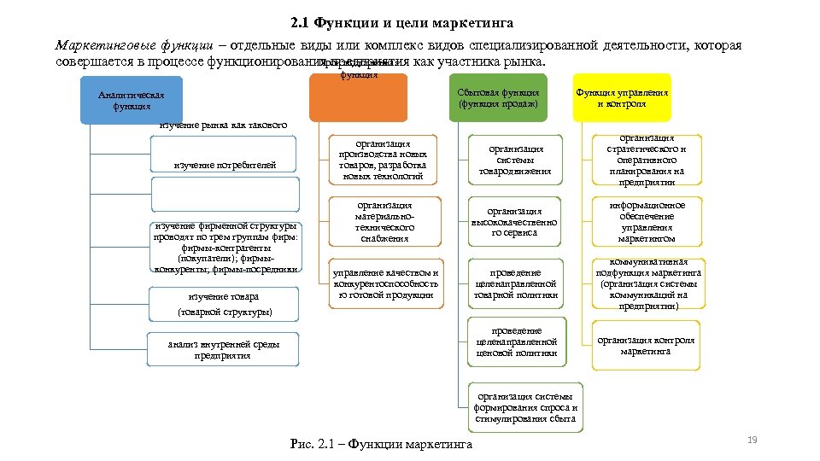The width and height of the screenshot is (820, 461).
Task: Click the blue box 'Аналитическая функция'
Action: click(x=132, y=102)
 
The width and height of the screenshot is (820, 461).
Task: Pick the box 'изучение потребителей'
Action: click(x=225, y=165)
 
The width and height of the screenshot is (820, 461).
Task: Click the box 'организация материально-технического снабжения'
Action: click(x=384, y=222)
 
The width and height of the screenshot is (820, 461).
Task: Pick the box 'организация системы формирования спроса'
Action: click(x=526, y=407)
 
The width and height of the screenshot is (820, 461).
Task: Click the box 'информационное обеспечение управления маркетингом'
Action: click(x=647, y=222)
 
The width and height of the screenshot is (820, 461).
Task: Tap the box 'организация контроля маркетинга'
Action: click(x=646, y=346)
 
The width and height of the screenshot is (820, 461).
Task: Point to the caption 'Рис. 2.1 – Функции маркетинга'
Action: click(x=381, y=445)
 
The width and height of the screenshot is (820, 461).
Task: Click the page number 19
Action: click(x=753, y=440)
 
